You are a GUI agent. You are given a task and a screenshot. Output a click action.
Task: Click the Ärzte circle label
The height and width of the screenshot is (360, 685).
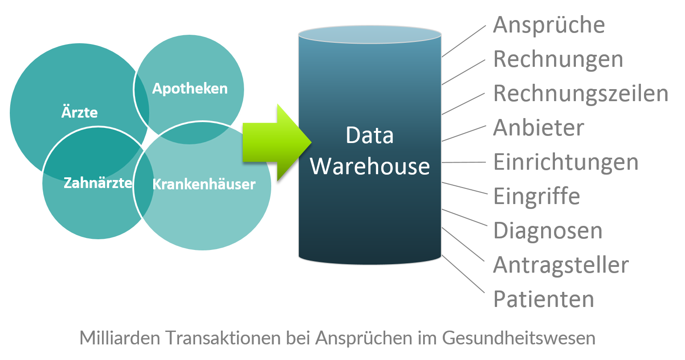[x=79, y=112]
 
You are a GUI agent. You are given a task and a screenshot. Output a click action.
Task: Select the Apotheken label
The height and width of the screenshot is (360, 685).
[x=190, y=89]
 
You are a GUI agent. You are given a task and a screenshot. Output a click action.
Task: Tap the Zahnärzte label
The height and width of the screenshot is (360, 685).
[x=98, y=183]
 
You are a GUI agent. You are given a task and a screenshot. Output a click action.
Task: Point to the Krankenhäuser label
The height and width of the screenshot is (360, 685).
[x=204, y=184]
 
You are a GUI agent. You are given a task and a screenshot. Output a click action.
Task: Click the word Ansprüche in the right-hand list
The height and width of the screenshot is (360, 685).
[x=549, y=25]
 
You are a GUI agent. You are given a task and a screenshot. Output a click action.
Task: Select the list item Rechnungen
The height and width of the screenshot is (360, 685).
[x=558, y=59]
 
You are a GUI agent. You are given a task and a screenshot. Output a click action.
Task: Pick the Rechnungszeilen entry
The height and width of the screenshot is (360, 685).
[x=581, y=94]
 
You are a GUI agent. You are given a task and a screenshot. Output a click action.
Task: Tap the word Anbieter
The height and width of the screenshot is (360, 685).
[x=538, y=128]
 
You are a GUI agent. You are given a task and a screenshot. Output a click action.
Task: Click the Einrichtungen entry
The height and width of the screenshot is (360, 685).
[x=566, y=162]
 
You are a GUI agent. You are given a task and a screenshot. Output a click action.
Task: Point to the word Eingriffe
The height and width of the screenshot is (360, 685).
[x=537, y=196]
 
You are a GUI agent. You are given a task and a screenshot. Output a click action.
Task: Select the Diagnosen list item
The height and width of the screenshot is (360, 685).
[x=548, y=231]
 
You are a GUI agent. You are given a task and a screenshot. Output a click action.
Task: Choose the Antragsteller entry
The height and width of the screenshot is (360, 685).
[x=561, y=265]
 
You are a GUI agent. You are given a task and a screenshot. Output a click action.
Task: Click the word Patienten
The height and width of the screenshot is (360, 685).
[x=544, y=299]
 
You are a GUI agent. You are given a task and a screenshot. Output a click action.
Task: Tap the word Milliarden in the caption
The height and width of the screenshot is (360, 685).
[x=120, y=338]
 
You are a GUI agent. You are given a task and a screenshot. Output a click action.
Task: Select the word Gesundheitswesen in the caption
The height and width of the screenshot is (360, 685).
[x=518, y=338]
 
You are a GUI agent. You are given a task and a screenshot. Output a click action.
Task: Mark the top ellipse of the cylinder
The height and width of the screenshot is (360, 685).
[x=370, y=34]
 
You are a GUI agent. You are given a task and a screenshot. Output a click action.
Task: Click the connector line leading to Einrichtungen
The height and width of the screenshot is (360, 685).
[x=463, y=162]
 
